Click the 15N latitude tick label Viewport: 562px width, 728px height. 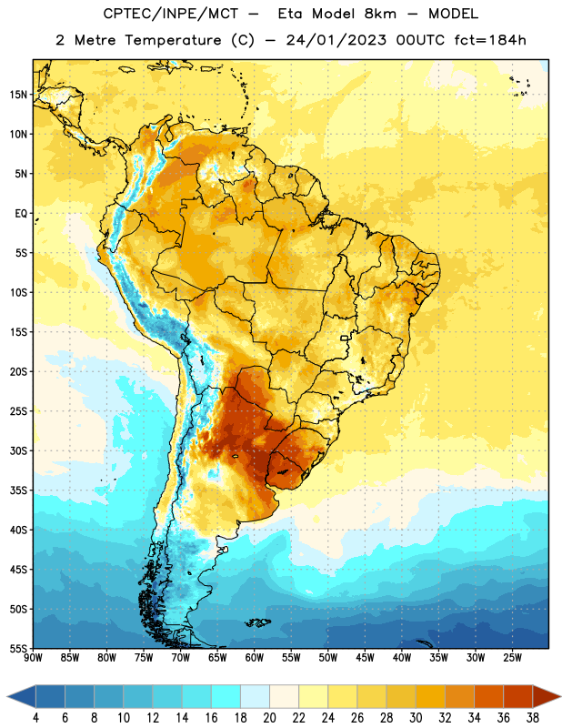point(18,95)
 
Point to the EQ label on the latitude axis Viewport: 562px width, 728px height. point(21,214)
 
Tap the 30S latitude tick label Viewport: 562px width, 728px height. point(18,450)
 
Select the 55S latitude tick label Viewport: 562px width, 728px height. point(18,648)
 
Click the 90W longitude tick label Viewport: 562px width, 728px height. point(34,658)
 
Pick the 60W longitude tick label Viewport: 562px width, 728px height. point(255,658)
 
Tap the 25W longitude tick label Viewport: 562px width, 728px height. point(512,658)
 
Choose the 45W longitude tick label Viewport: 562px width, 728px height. point(366,658)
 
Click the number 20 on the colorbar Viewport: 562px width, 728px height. point(269,718)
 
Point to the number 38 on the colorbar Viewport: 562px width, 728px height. point(533,718)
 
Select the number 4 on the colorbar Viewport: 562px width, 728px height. point(35,718)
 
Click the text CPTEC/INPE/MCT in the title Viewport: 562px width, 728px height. point(171,14)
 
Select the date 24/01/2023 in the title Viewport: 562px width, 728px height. point(336,40)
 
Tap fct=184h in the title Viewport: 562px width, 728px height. point(490,40)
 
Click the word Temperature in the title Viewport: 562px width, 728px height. point(173,40)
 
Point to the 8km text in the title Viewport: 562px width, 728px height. point(380,14)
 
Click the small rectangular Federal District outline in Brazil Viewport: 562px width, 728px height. point(345,338)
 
